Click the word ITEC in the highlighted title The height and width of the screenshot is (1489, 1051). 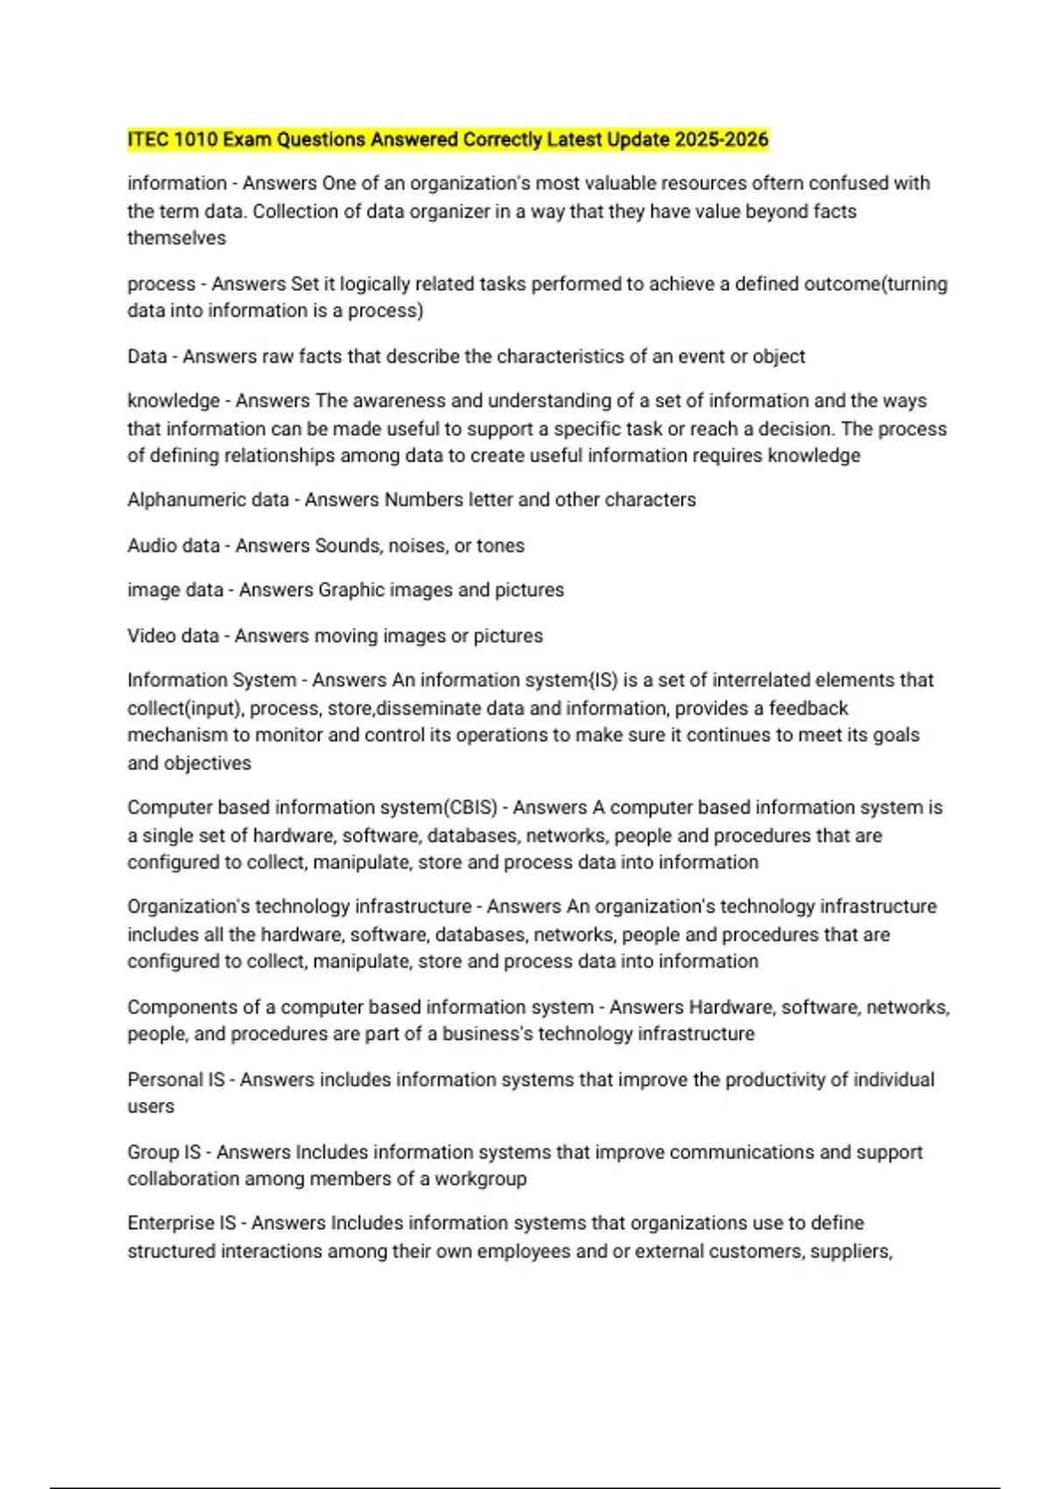click(x=148, y=139)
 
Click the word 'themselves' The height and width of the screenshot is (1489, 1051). click(x=176, y=238)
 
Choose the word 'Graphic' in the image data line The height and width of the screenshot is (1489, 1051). click(x=351, y=589)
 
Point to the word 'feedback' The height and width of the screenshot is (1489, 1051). click(x=808, y=708)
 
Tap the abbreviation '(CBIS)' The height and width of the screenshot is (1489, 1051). click(x=470, y=807)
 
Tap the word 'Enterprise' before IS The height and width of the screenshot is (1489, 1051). click(x=169, y=1223)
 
